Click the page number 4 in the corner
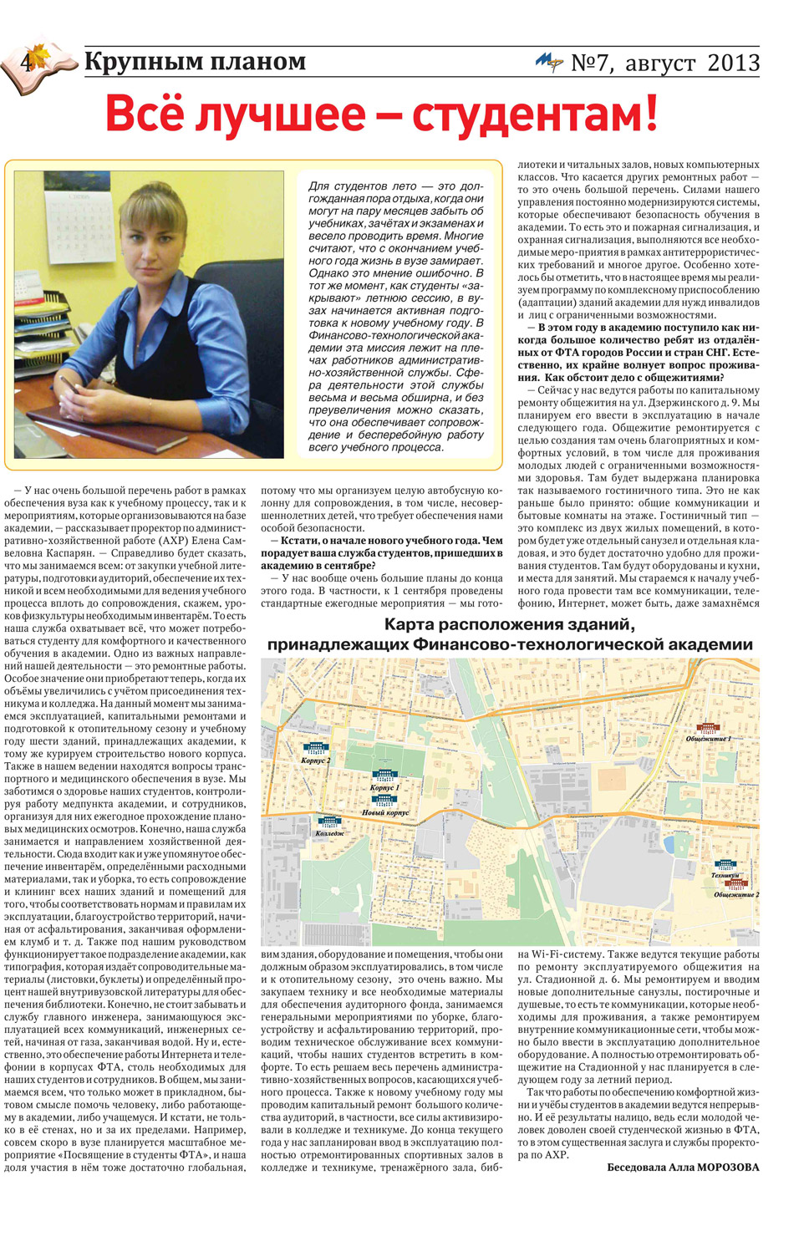[27, 62]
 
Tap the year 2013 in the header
[733, 63]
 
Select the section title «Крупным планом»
[195, 62]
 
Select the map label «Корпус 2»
[315, 760]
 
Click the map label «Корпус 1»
[384, 787]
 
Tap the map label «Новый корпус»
[385, 812]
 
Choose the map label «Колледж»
[329, 833]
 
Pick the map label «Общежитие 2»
[736, 894]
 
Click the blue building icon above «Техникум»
[725, 865]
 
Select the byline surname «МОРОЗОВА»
[727, 1167]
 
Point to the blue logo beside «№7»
[549, 62]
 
